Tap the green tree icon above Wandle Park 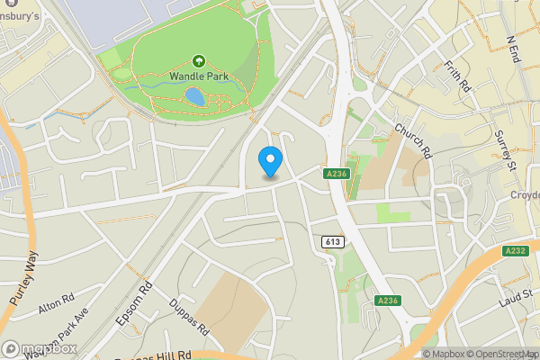click(x=198, y=61)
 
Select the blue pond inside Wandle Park click(x=193, y=95)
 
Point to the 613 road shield click(x=331, y=242)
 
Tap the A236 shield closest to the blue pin click(x=337, y=173)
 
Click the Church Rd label click(x=414, y=142)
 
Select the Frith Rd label click(x=458, y=77)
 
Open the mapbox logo click(x=40, y=348)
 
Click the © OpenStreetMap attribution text click(x=502, y=354)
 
